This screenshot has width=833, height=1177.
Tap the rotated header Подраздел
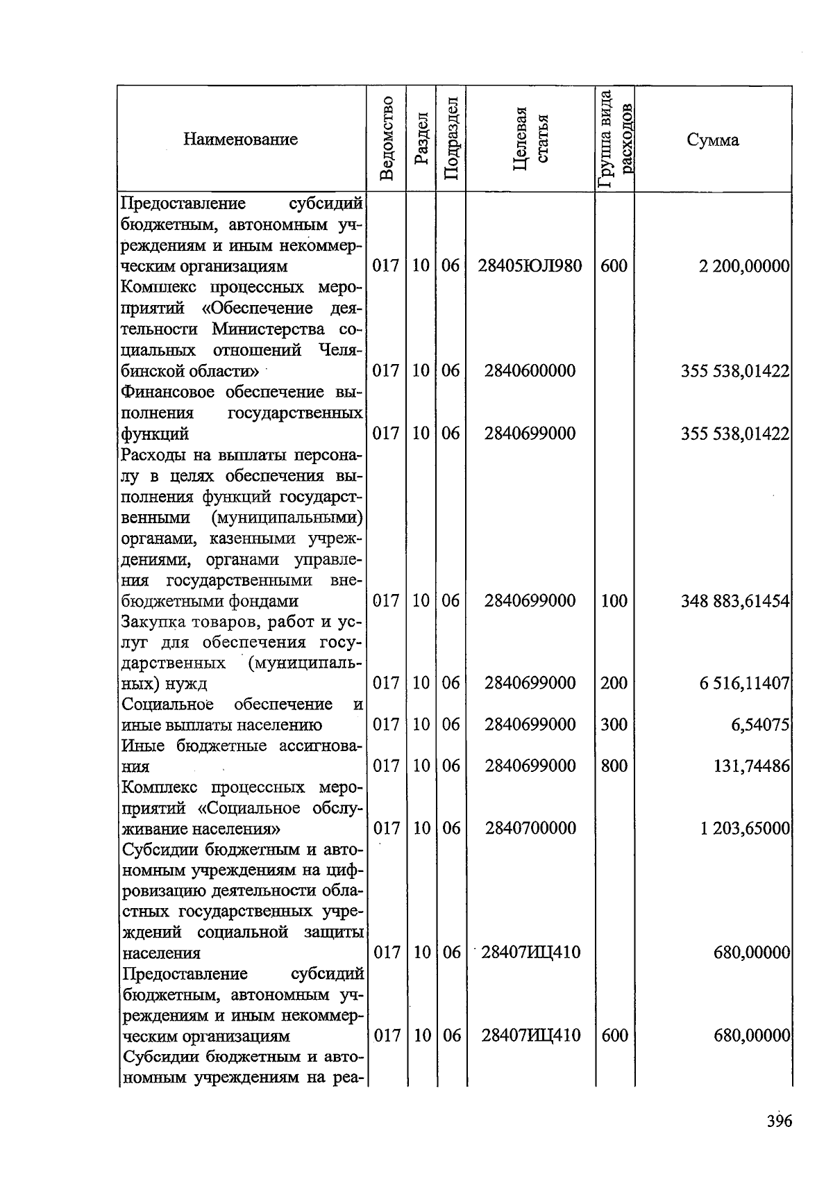[451, 139]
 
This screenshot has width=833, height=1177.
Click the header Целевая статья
[530, 139]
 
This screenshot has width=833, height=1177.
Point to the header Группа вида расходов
[614, 139]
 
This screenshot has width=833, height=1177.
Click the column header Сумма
[713, 140]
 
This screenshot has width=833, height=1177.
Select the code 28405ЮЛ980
[530, 265]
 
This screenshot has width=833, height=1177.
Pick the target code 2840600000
[530, 370]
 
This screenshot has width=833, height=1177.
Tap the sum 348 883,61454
[735, 600]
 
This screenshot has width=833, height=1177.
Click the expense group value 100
[614, 600]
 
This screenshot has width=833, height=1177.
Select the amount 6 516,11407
[744, 683]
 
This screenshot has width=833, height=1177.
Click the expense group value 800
[614, 766]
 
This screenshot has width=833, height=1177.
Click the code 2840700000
[530, 828]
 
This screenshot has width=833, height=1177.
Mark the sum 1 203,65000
[744, 828]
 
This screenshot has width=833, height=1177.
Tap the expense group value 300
[614, 725]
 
